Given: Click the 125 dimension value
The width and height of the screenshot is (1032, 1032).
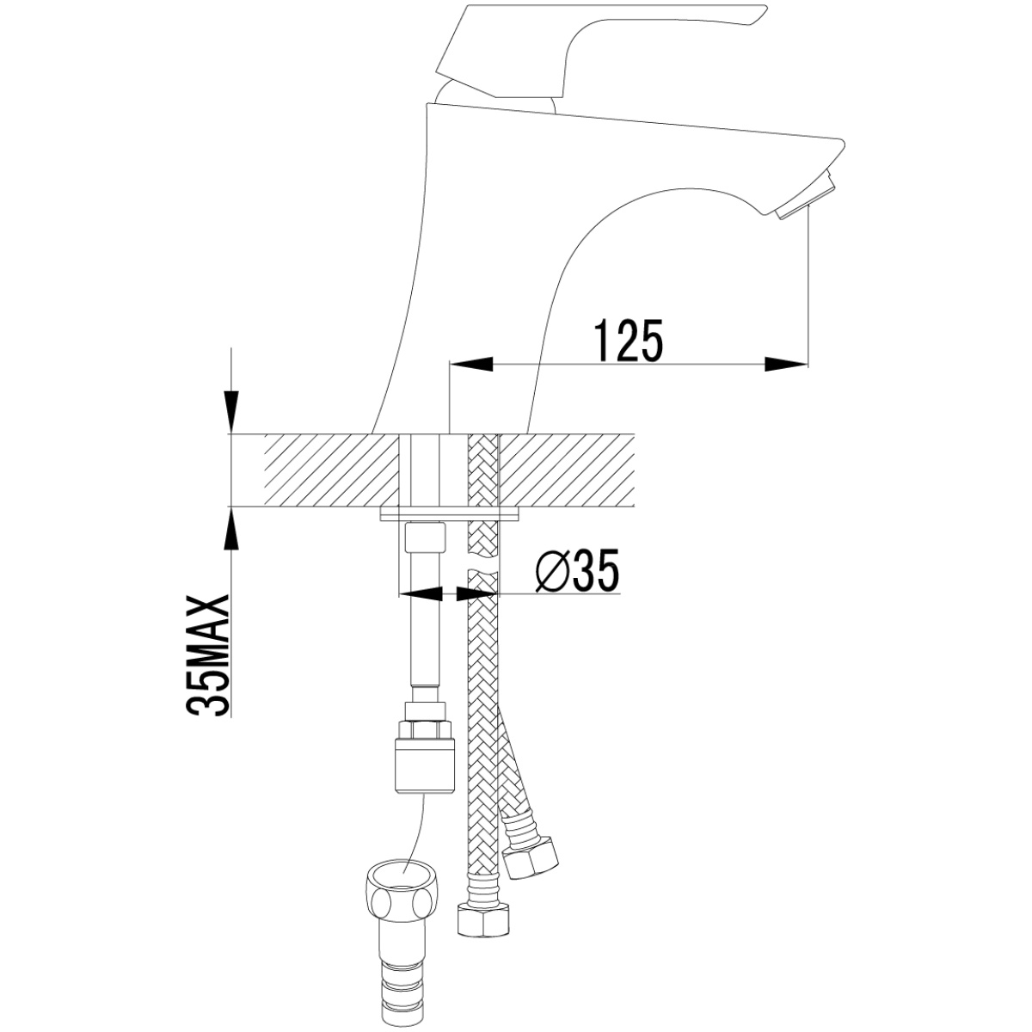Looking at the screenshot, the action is [x=630, y=341].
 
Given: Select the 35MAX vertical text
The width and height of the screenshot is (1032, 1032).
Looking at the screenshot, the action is [x=208, y=654].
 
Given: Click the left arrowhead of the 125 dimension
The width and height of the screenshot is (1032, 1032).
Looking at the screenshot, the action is [x=470, y=364].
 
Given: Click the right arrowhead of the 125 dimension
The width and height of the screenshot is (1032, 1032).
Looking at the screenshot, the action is [x=786, y=364].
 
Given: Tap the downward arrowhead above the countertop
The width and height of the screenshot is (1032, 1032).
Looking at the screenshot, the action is [x=231, y=411].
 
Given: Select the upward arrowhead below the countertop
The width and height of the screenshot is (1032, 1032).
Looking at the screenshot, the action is [x=231, y=528].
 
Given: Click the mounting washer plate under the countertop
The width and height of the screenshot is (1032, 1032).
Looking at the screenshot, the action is [x=449, y=514].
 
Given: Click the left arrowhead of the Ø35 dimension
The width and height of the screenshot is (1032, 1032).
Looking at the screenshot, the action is [x=421, y=593].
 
